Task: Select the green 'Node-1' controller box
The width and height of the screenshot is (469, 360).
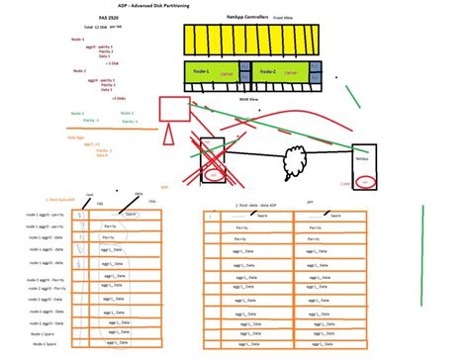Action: tap(216, 72)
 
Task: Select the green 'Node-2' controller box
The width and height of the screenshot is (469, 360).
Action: tap(280, 72)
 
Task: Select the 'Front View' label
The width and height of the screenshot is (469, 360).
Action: tap(280, 17)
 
